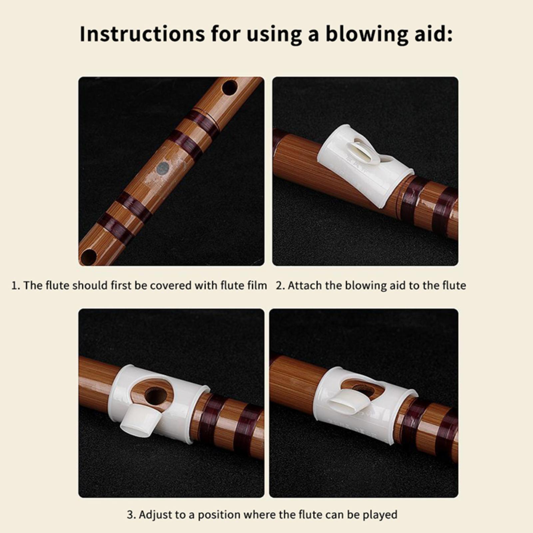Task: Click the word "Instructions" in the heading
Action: pyautogui.click(x=142, y=34)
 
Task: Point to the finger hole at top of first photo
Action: pyautogui.click(x=230, y=87)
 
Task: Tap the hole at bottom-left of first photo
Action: pyautogui.click(x=88, y=257)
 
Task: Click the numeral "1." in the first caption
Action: pyautogui.click(x=16, y=285)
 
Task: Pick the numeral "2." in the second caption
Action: pyautogui.click(x=281, y=285)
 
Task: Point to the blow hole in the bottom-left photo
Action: pyautogui.click(x=156, y=395)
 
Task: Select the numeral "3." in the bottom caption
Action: pyautogui.click(x=132, y=515)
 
